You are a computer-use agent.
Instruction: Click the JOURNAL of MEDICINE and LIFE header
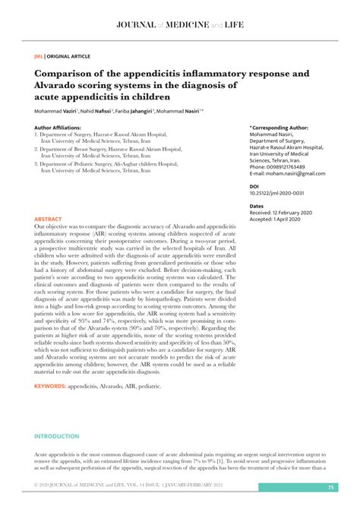tap(179, 25)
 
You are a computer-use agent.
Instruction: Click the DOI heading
tap(255, 186)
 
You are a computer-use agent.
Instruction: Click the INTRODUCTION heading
tap(56, 436)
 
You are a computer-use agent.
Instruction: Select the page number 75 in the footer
tap(330, 487)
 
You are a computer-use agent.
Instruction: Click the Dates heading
tap(257, 205)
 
